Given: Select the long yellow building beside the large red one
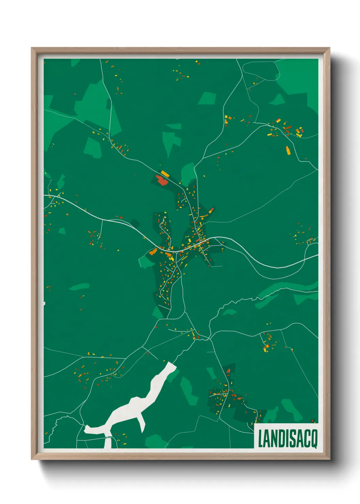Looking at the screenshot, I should (165, 174).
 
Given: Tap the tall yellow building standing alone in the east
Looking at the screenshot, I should (288, 150).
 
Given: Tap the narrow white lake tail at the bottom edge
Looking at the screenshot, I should (108, 443).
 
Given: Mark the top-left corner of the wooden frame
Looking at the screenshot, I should (32, 48).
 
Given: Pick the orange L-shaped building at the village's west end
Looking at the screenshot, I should (153, 252).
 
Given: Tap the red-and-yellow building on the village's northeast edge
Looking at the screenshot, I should (211, 210).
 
